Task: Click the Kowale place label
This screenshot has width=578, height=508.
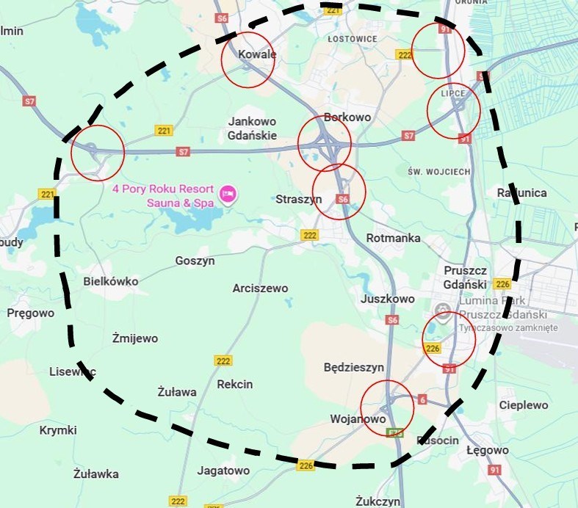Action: pyautogui.click(x=257, y=54)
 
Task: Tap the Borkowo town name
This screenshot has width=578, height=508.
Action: pyautogui.click(x=347, y=117)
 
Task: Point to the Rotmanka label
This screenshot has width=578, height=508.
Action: pyautogui.click(x=393, y=238)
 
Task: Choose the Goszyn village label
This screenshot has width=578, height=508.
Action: pyautogui.click(x=195, y=261)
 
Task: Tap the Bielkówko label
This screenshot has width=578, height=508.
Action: pyautogui.click(x=111, y=281)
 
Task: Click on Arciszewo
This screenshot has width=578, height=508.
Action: pyautogui.click(x=260, y=288)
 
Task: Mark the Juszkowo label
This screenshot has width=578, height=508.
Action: pyautogui.click(x=388, y=299)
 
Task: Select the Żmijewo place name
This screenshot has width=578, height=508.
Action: pyautogui.click(x=134, y=338)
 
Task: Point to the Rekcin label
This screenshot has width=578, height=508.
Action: pyautogui.click(x=235, y=384)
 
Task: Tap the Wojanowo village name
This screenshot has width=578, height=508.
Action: pyautogui.click(x=358, y=418)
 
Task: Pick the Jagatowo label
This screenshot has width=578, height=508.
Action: pyautogui.click(x=223, y=471)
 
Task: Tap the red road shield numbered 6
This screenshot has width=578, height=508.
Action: pyautogui.click(x=422, y=399)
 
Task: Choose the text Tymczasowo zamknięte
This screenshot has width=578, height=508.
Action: pyautogui.click(x=507, y=327)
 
